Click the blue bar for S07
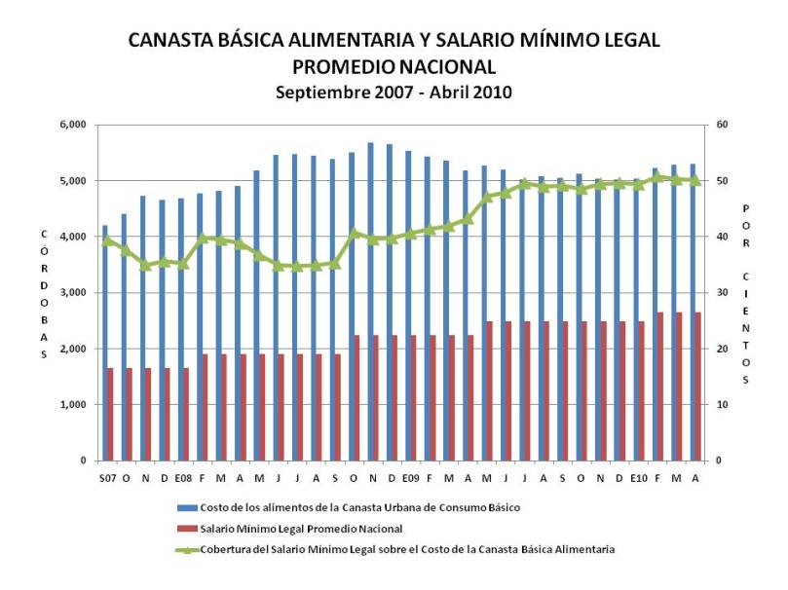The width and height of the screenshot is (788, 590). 104,342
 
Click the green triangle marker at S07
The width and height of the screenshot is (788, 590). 107,240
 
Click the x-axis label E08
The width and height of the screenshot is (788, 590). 183,478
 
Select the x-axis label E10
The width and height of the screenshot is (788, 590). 638,478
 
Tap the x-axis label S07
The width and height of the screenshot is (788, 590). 107,478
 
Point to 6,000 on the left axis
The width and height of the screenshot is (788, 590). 74,125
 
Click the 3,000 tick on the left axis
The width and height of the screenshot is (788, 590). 74,293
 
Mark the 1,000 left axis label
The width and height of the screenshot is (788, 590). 74,405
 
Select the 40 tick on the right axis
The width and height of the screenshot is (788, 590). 722,237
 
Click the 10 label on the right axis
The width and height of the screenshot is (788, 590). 722,405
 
